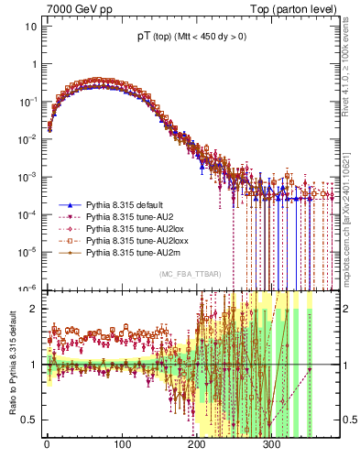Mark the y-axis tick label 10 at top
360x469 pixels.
tap(31, 27)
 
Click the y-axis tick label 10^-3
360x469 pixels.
tap(28, 176)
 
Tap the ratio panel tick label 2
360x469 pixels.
tap(35, 309)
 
